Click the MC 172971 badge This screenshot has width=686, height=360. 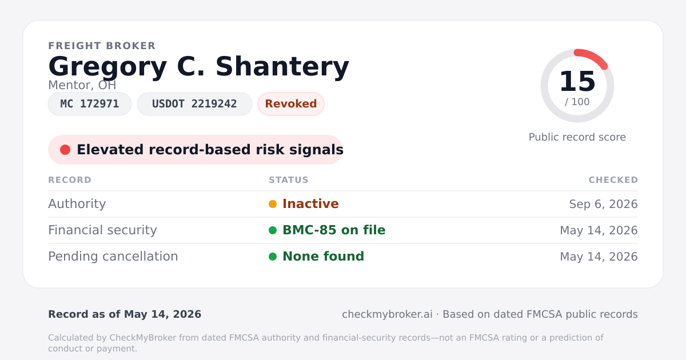point(90,104)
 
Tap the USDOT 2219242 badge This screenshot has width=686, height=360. point(194,104)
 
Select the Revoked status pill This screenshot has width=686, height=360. point(291,104)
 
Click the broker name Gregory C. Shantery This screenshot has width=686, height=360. point(198,67)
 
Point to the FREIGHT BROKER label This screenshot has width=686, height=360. point(102,46)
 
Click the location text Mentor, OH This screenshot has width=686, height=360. point(82,85)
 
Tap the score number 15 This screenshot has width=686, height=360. point(577,81)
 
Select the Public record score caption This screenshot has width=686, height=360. point(577,137)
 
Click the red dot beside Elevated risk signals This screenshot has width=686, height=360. point(65,150)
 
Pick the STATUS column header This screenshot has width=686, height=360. point(289,180)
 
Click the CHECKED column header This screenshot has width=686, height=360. point(613,180)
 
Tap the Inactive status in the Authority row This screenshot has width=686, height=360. point(310,204)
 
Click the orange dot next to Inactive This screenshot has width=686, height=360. point(273,204)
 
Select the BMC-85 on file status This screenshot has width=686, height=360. point(334,230)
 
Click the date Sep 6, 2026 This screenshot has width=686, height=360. point(603,204)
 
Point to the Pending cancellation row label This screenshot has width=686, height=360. point(113,257)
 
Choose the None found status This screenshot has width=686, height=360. point(323,257)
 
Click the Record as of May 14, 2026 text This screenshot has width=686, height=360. point(125,314)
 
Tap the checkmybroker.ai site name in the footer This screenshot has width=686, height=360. point(387,314)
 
